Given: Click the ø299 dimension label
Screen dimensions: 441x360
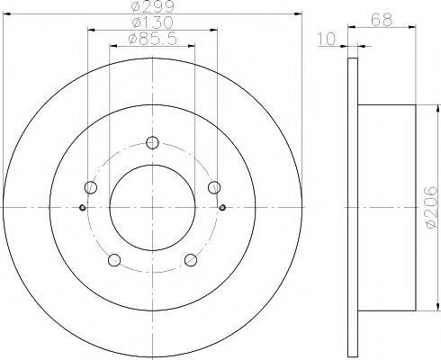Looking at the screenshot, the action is [x=153, y=6].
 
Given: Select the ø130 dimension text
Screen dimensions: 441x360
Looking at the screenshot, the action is [x=153, y=22].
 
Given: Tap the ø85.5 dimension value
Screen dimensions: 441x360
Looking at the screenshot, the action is [x=152, y=39].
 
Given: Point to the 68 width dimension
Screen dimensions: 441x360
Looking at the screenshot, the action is [x=382, y=21].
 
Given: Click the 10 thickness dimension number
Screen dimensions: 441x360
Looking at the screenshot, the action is [x=327, y=40].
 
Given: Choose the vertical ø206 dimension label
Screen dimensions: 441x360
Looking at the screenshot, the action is [x=432, y=207].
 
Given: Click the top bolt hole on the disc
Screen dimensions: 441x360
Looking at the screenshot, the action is [x=152, y=142].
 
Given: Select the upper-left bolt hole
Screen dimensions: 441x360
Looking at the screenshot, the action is [x=91, y=187].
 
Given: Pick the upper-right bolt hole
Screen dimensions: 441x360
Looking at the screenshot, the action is [x=214, y=187].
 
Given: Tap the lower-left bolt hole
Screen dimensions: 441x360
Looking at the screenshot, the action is [x=114, y=260].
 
